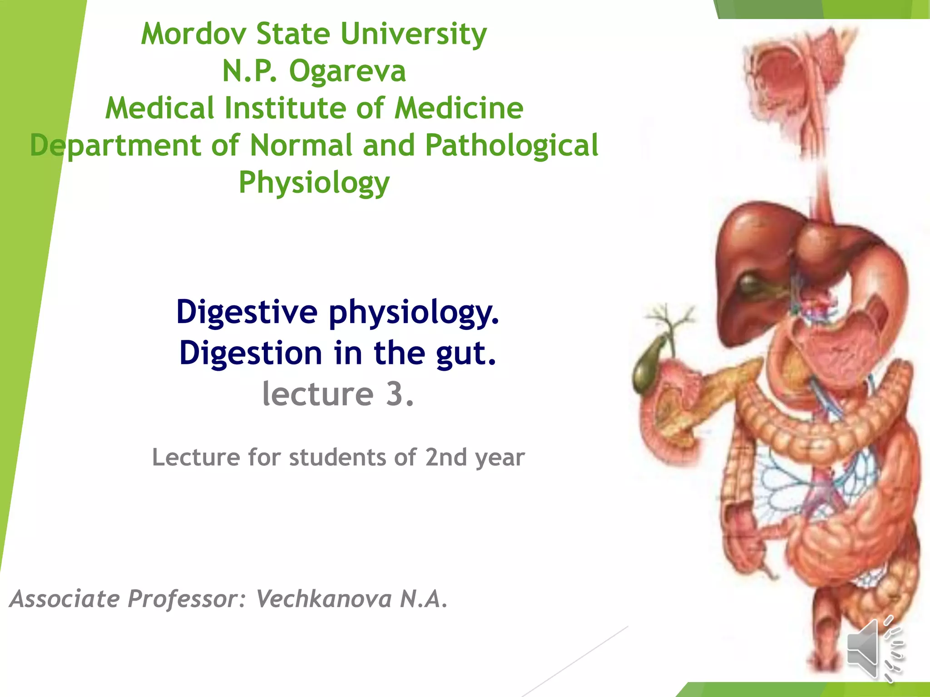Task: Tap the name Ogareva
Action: pos(347,71)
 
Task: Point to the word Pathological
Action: pos(512,145)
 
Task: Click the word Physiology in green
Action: pos(314,182)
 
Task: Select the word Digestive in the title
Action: pos(247,312)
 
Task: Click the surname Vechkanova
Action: pos(324,599)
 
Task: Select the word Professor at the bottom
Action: pos(183,599)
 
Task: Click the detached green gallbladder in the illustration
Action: pos(647,368)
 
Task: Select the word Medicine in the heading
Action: pos(459,108)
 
